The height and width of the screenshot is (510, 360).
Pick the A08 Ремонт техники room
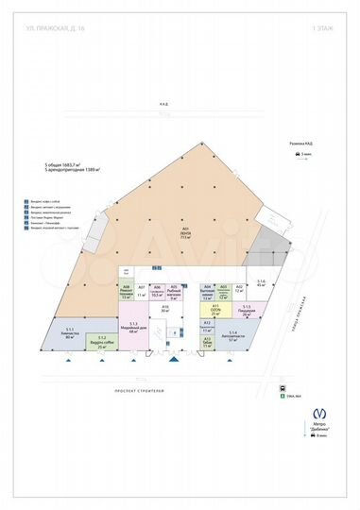(x=126, y=292)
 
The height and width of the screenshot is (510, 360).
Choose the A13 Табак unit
(x=207, y=345)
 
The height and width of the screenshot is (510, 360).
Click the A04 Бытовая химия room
(x=207, y=292)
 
